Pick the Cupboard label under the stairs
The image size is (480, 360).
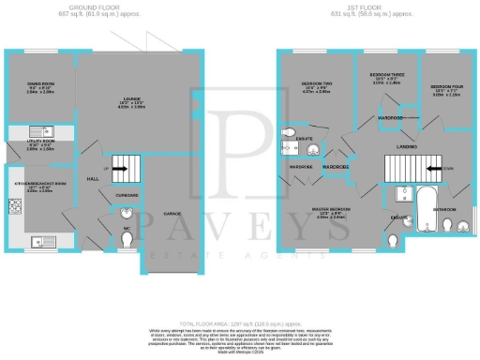[x=127, y=195]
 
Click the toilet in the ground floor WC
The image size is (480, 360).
[x=127, y=238]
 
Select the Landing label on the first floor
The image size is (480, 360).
[x=407, y=147]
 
